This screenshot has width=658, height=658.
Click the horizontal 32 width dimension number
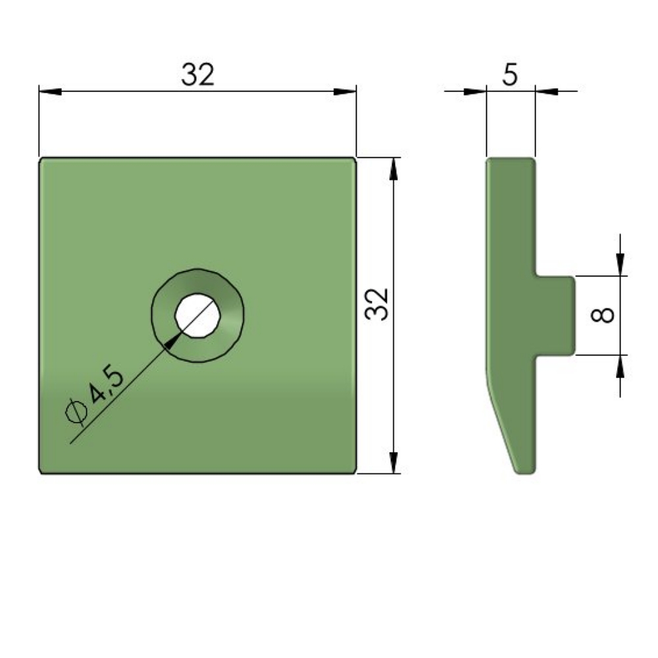(x=197, y=75)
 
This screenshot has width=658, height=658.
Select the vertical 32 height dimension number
(x=377, y=305)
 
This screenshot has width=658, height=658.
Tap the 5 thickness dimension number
(x=510, y=75)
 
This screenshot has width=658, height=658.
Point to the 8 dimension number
(x=602, y=315)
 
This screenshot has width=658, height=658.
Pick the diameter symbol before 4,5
(x=76, y=411)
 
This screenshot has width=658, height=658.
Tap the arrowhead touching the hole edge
(x=172, y=340)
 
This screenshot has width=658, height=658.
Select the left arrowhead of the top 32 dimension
(x=51, y=91)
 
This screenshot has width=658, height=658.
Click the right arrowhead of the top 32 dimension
(x=345, y=91)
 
